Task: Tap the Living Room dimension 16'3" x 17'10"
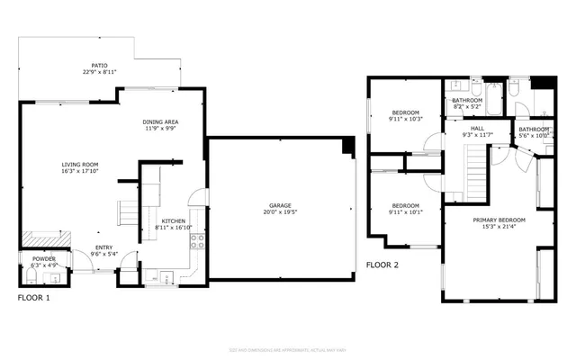(x=79, y=171)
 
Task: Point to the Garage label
(x=277, y=205)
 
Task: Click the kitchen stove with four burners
(x=196, y=241)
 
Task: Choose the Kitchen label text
(x=173, y=221)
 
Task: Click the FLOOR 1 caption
(x=34, y=296)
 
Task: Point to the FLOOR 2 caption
(x=383, y=265)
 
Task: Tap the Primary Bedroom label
(x=499, y=219)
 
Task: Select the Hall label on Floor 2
(x=478, y=129)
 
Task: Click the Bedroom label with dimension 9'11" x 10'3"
(x=405, y=112)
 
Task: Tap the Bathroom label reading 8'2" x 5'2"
(x=467, y=101)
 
